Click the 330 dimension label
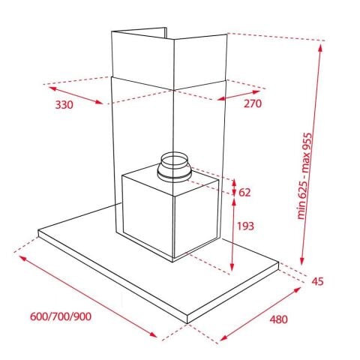64,105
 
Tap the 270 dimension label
253,103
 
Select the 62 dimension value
244,193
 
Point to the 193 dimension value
245,226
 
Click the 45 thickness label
317,281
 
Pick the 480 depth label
279,319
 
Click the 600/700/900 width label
61,316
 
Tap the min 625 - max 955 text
305,176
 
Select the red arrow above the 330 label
76,95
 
